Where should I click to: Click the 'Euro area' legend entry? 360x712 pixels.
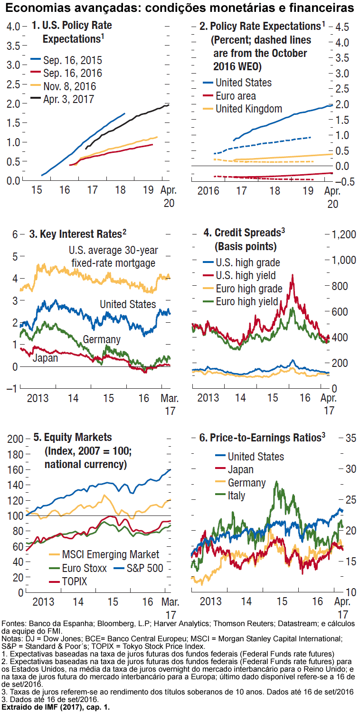click(236, 96)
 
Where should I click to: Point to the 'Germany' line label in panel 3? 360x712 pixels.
click(102, 340)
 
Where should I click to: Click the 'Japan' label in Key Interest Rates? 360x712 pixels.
click(45, 358)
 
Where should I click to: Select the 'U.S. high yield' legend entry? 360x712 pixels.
click(246, 275)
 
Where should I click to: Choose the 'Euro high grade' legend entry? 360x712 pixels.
click(249, 289)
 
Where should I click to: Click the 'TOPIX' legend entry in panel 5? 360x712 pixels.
click(75, 581)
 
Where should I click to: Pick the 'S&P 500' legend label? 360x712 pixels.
click(144, 568)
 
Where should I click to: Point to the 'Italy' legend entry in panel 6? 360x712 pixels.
click(237, 496)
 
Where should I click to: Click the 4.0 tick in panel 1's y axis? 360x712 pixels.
click(14, 27)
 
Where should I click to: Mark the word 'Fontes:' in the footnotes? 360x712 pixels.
click(14, 623)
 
